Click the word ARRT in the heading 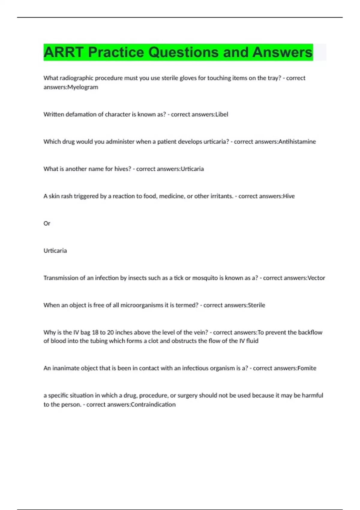63,52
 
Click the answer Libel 222,114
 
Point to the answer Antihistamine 297,142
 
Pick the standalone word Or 47,223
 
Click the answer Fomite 307,368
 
